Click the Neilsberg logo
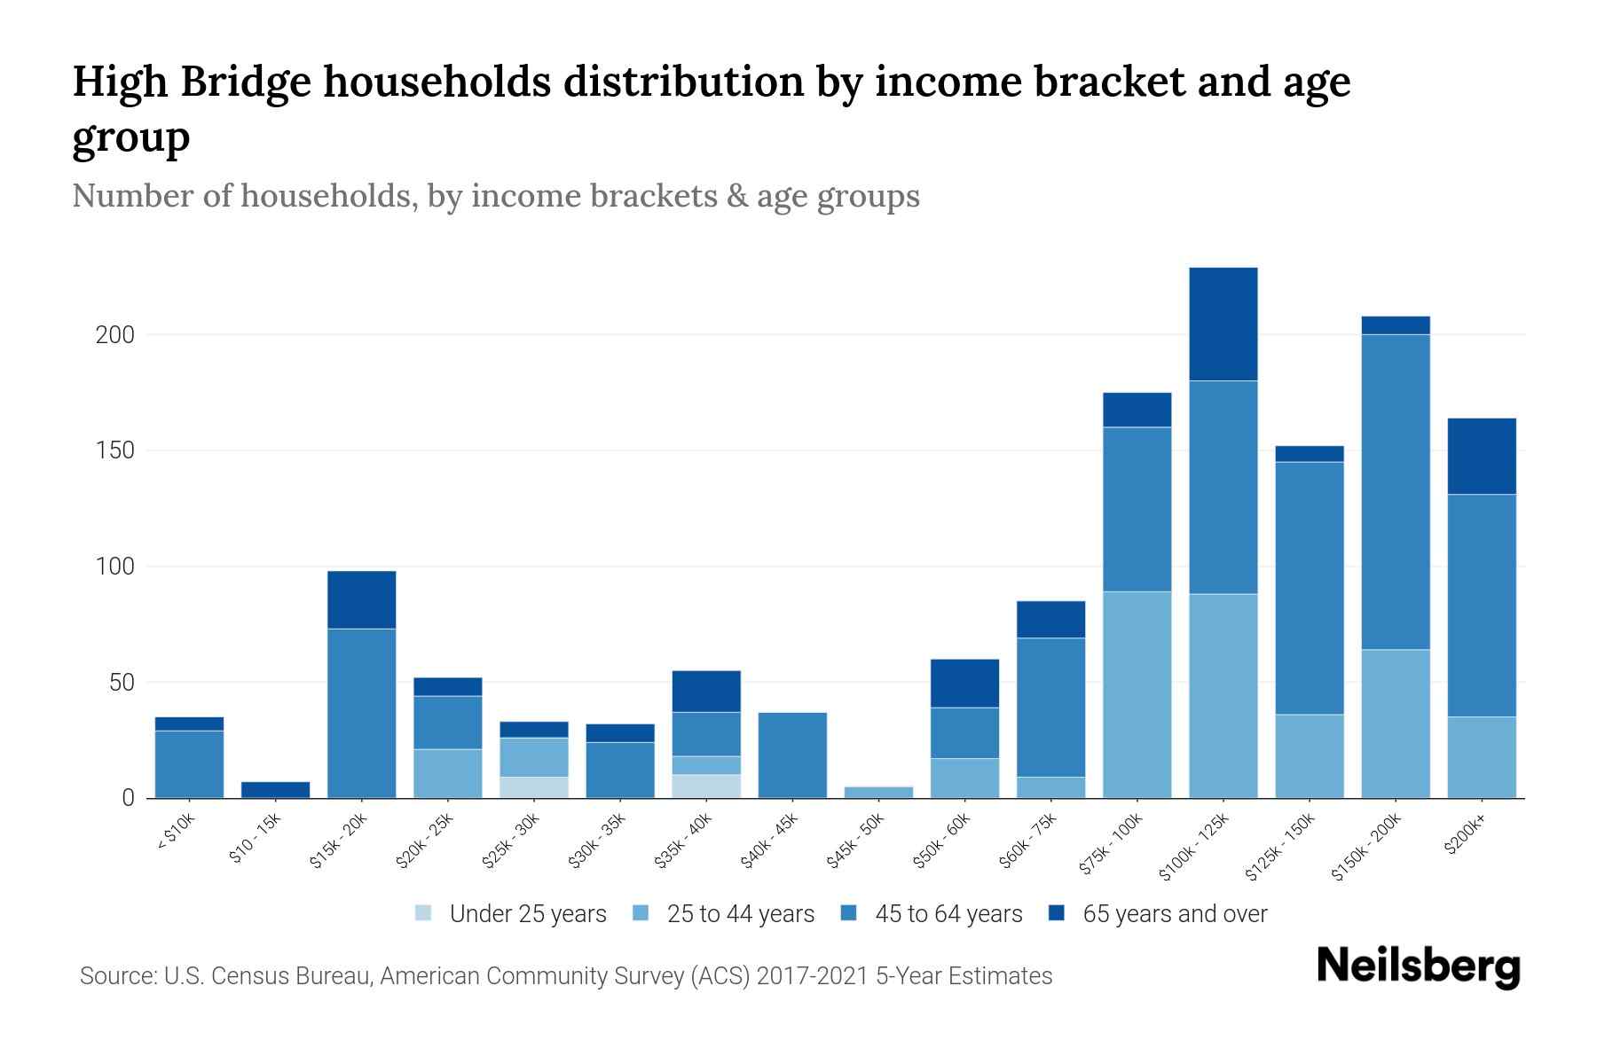pyautogui.click(x=1418, y=966)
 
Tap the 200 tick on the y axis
pyautogui.click(x=114, y=335)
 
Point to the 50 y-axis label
pyautogui.click(x=122, y=683)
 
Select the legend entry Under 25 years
pyautogui.click(x=527, y=914)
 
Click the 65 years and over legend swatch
pyautogui.click(x=1057, y=913)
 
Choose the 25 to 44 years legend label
pyautogui.click(x=740, y=914)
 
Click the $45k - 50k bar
pyautogui.click(x=878, y=792)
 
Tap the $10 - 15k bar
pyautogui.click(x=275, y=789)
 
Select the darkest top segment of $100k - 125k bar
pyautogui.click(x=1223, y=324)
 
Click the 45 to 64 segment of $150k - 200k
pyautogui.click(x=1395, y=492)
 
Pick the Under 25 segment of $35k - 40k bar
pyautogui.click(x=706, y=786)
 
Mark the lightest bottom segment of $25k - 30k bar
pyautogui.click(x=533, y=787)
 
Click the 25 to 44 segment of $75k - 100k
pyautogui.click(x=1137, y=694)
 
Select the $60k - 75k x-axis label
pyautogui.click(x=1029, y=842)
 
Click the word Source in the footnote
pyautogui.click(x=116, y=976)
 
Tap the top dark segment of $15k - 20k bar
pyautogui.click(x=361, y=599)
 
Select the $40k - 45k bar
pyautogui.click(x=792, y=755)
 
